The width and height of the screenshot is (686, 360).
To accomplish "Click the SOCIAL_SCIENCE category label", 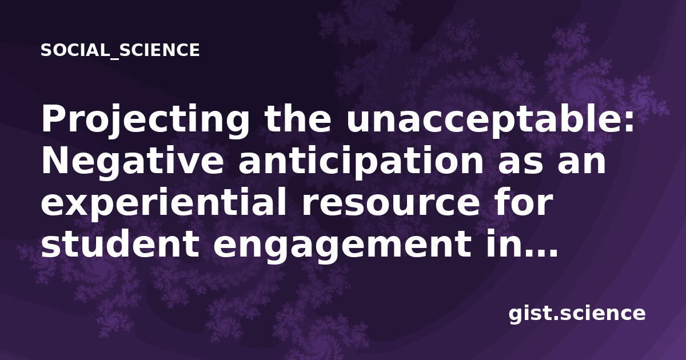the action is coord(120,50).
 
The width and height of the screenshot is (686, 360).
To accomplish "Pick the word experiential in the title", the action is coord(164,203).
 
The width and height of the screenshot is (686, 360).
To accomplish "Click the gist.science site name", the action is coord(577,314).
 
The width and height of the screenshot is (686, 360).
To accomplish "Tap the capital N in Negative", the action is coord(55,161).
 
